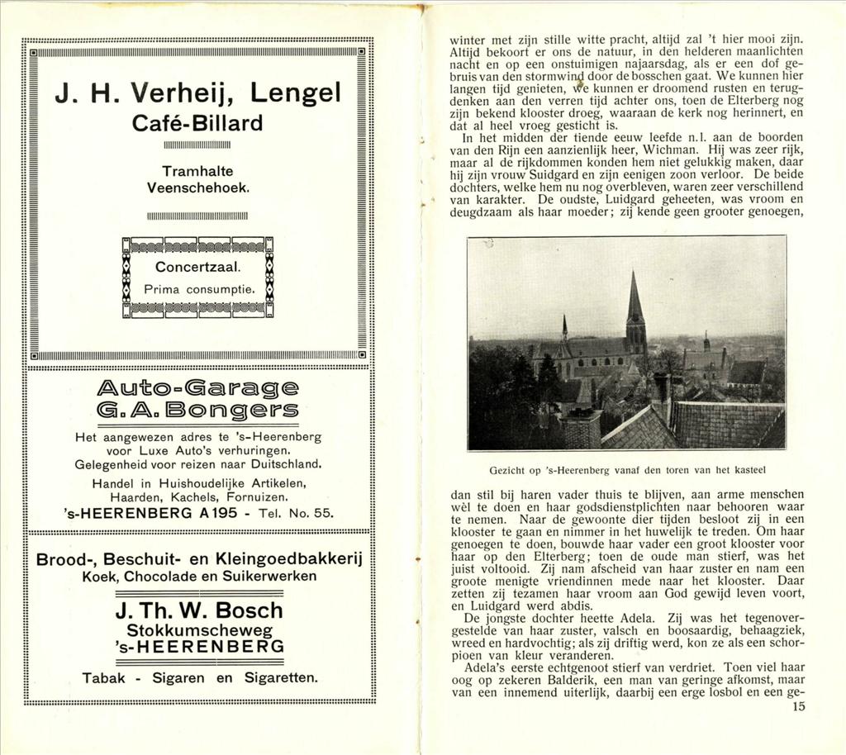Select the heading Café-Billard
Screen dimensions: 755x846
pyautogui.click(x=197, y=123)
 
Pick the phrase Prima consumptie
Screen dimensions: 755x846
pyautogui.click(x=197, y=290)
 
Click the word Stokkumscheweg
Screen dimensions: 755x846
pyautogui.click(x=197, y=629)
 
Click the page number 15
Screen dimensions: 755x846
pyautogui.click(x=797, y=707)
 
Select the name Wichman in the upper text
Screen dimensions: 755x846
pyautogui.click(x=671, y=150)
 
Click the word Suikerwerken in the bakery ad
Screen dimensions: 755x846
pyautogui.click(x=272, y=575)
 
